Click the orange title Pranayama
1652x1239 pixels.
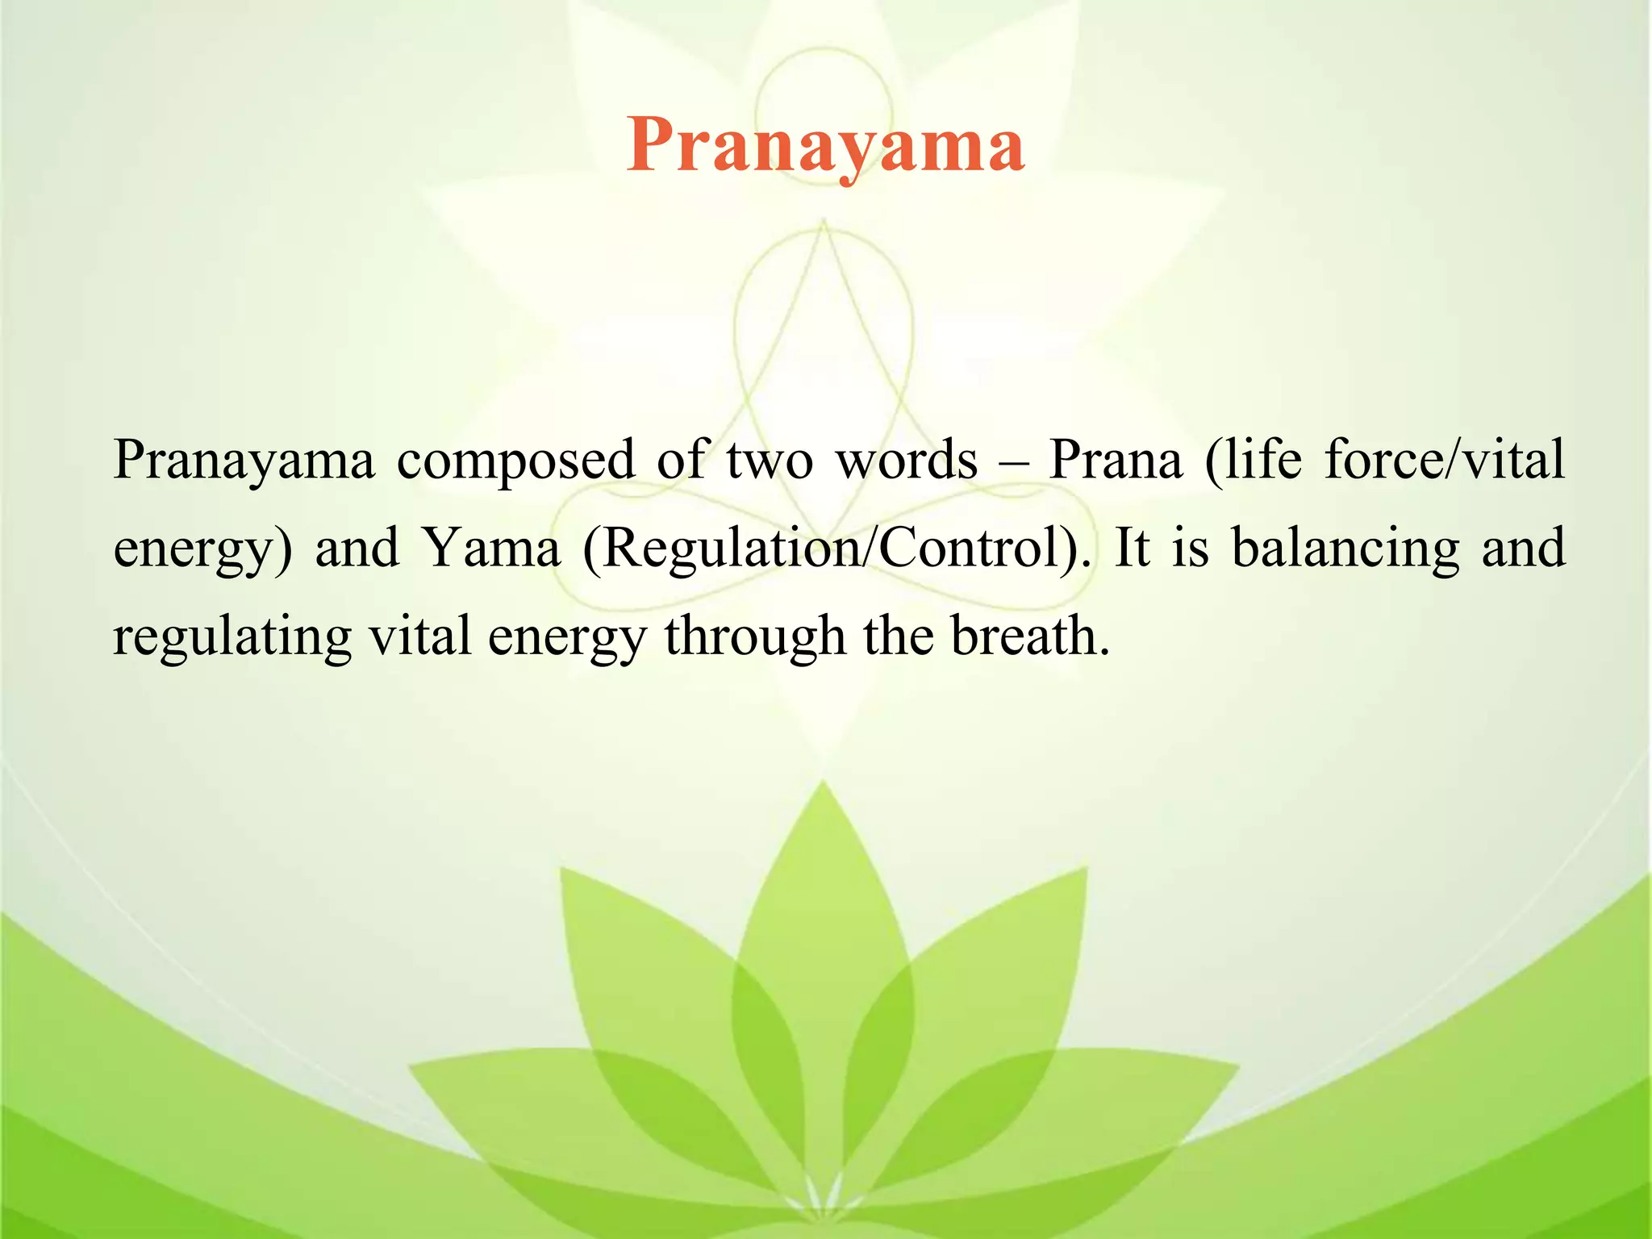click(x=825, y=145)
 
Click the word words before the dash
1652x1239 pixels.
click(x=907, y=460)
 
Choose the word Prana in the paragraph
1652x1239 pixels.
click(x=1115, y=460)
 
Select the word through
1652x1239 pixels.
click(x=755, y=637)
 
